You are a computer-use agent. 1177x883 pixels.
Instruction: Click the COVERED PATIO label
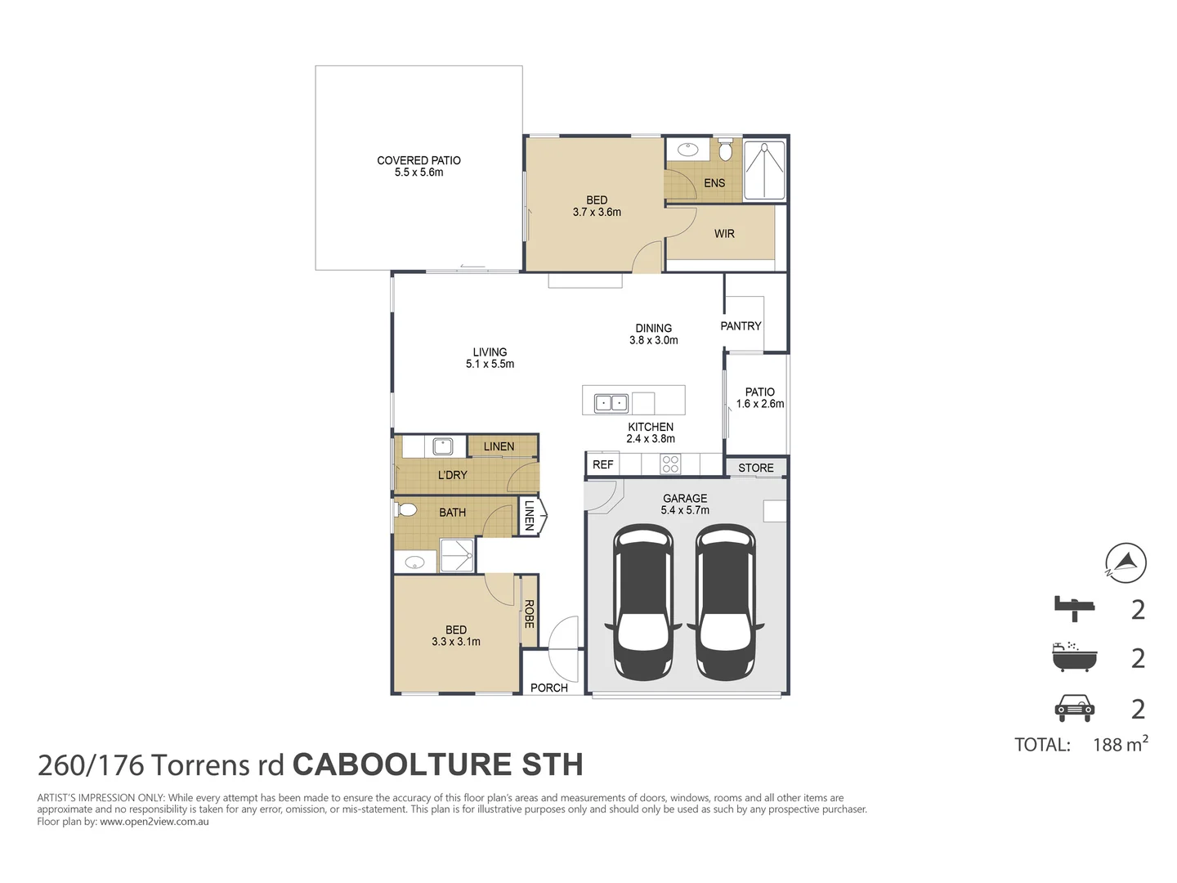(x=418, y=160)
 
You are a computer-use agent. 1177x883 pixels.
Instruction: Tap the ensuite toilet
(x=725, y=150)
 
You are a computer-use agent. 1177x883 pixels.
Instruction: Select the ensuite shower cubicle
(x=765, y=171)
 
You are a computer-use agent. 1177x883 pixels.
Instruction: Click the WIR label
(x=724, y=234)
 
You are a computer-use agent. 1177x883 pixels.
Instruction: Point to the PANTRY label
(x=741, y=326)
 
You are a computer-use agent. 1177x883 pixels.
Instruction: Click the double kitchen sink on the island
(x=611, y=402)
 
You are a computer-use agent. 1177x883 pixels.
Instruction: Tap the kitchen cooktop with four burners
(x=670, y=464)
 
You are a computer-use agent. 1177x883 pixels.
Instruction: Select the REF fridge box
(x=602, y=464)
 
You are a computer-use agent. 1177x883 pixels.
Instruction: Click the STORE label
(x=755, y=468)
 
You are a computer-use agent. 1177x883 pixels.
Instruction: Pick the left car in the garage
(x=643, y=602)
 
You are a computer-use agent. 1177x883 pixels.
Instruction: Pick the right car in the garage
(x=725, y=602)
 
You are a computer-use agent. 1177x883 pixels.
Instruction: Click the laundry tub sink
(x=442, y=446)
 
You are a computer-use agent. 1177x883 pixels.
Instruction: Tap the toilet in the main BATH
(x=406, y=509)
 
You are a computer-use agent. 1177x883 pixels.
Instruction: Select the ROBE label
(x=529, y=614)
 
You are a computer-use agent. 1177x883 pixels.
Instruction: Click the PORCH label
(x=548, y=688)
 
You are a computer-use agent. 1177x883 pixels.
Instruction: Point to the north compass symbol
(x=1126, y=563)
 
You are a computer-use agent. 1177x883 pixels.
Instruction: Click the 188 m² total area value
(x=1120, y=744)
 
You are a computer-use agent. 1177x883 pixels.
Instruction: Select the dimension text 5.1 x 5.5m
(x=490, y=364)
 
